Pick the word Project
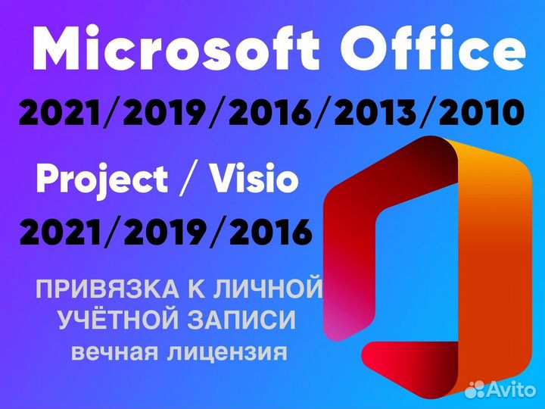pyautogui.click(x=101, y=180)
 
